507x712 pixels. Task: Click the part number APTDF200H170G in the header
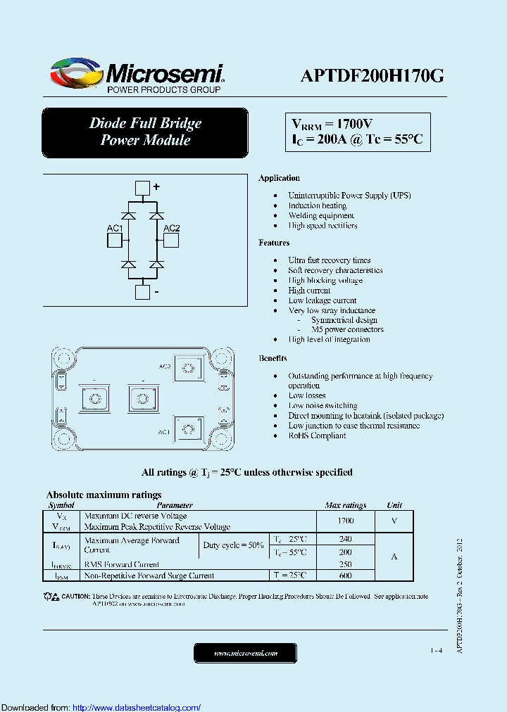click(x=372, y=77)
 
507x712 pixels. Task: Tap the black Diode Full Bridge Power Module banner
click(x=145, y=132)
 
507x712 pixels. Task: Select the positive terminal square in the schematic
click(x=142, y=187)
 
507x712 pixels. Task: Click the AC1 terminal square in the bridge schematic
click(x=114, y=241)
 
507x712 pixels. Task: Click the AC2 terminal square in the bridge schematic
click(x=171, y=241)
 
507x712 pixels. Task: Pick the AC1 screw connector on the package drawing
click(x=188, y=430)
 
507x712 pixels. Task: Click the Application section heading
click(x=279, y=178)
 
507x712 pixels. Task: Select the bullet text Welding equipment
click(x=321, y=216)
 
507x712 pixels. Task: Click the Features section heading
click(x=274, y=243)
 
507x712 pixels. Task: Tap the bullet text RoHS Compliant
click(x=317, y=436)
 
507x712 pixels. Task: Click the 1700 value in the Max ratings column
click(x=345, y=521)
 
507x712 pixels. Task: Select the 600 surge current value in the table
click(x=345, y=576)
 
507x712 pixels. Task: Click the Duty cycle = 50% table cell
click(x=234, y=545)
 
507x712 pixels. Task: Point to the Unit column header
click(x=394, y=505)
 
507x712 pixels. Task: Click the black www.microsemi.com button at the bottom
click(x=246, y=653)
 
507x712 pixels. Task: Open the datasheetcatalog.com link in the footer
click(x=137, y=707)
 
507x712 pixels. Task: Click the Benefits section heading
click(x=273, y=358)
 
